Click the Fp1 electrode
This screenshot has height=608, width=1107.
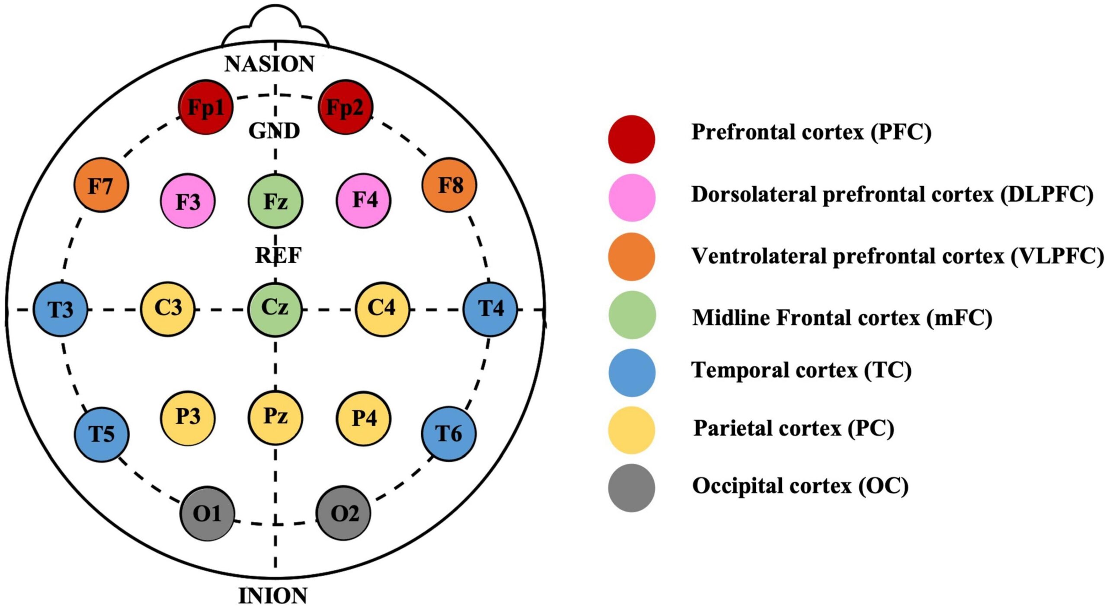[x=206, y=107]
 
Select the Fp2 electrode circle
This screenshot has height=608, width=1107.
[x=345, y=107]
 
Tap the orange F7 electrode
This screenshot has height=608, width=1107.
[x=101, y=185]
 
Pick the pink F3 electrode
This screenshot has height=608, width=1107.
[x=188, y=201]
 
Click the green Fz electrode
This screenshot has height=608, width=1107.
[x=275, y=201]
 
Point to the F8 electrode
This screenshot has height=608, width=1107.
[x=449, y=185]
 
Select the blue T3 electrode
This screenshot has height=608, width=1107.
[x=61, y=309]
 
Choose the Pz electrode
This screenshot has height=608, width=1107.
[x=275, y=417]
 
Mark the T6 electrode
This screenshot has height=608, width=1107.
[x=449, y=433]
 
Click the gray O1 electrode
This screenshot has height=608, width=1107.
[x=208, y=513]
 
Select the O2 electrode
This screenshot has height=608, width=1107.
[x=344, y=513]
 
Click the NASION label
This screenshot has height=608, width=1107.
[x=269, y=64]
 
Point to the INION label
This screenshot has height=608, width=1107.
[x=273, y=596]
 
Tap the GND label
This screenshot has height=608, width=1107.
[x=274, y=131]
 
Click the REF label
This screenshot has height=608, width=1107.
[x=278, y=255]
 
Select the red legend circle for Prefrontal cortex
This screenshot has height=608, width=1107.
[x=631, y=139]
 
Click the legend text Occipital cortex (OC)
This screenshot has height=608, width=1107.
[x=800, y=486]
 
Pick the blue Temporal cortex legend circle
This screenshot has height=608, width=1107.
[x=632, y=372]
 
